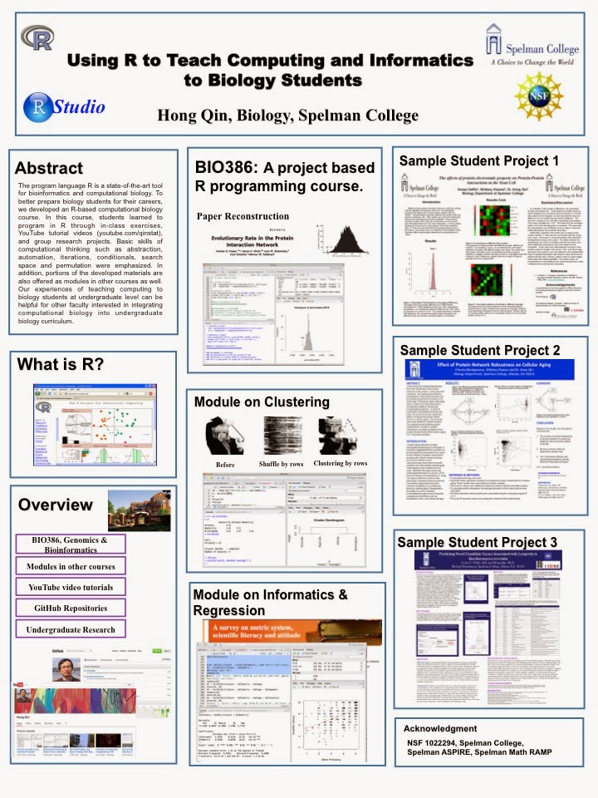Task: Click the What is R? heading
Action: (x=60, y=363)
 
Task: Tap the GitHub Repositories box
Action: (x=70, y=608)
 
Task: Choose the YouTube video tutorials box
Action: (x=70, y=587)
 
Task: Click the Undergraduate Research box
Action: (x=70, y=630)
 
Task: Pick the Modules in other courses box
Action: (x=70, y=565)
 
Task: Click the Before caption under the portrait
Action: (x=225, y=464)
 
